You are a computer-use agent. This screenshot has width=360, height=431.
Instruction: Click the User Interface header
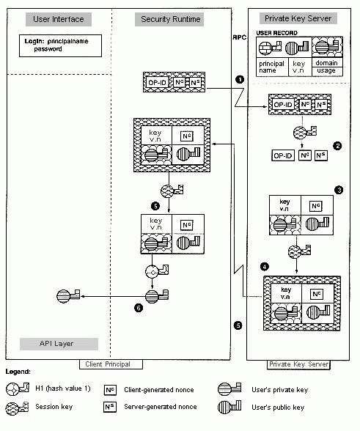tap(59, 19)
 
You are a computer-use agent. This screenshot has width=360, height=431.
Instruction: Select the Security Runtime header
tap(169, 19)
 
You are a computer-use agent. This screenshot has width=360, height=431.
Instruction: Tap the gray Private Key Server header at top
tap(298, 18)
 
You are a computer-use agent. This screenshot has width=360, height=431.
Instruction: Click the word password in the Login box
tap(48, 49)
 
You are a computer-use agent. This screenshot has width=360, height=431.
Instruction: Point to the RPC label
tap(240, 37)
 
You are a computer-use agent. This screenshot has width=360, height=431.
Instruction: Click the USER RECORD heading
tap(276, 33)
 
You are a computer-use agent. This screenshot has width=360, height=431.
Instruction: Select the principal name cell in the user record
tap(272, 67)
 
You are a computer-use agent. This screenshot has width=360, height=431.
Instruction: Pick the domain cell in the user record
tap(327, 62)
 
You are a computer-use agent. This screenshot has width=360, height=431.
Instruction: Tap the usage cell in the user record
tap(327, 71)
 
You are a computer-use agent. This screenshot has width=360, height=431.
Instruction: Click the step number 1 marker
tap(240, 79)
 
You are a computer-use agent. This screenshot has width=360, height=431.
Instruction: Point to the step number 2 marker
tap(337, 146)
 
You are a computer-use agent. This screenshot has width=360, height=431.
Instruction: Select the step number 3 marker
tap(339, 190)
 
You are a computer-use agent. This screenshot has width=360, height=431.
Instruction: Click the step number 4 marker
tap(265, 266)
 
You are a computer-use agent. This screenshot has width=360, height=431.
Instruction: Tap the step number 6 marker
tap(139, 308)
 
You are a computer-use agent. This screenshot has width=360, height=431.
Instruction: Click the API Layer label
tap(56, 344)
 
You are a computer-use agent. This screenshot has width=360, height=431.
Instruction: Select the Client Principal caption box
tap(111, 364)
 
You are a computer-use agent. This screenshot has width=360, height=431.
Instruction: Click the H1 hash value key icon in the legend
tap(18, 388)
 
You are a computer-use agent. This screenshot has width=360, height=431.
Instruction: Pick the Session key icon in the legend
tap(18, 408)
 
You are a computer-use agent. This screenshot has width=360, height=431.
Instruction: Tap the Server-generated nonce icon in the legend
tap(110, 407)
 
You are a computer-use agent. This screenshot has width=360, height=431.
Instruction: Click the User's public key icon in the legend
tap(229, 407)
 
